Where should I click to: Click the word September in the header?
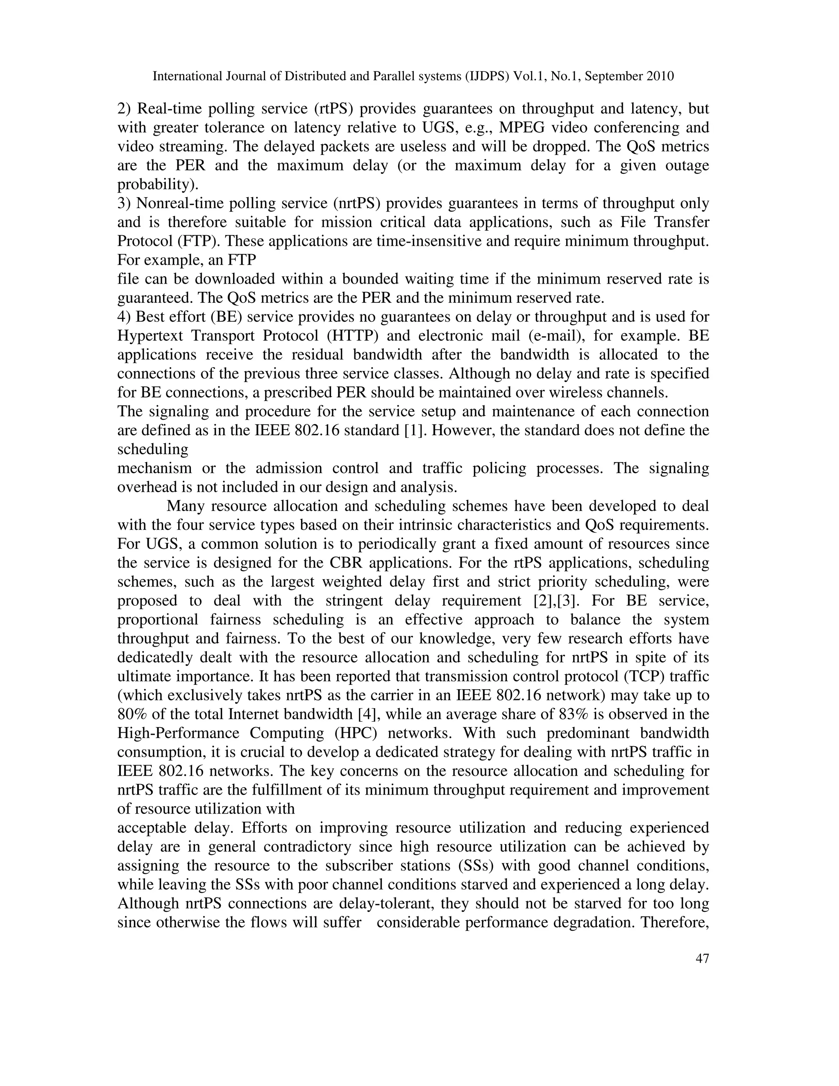(612, 76)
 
